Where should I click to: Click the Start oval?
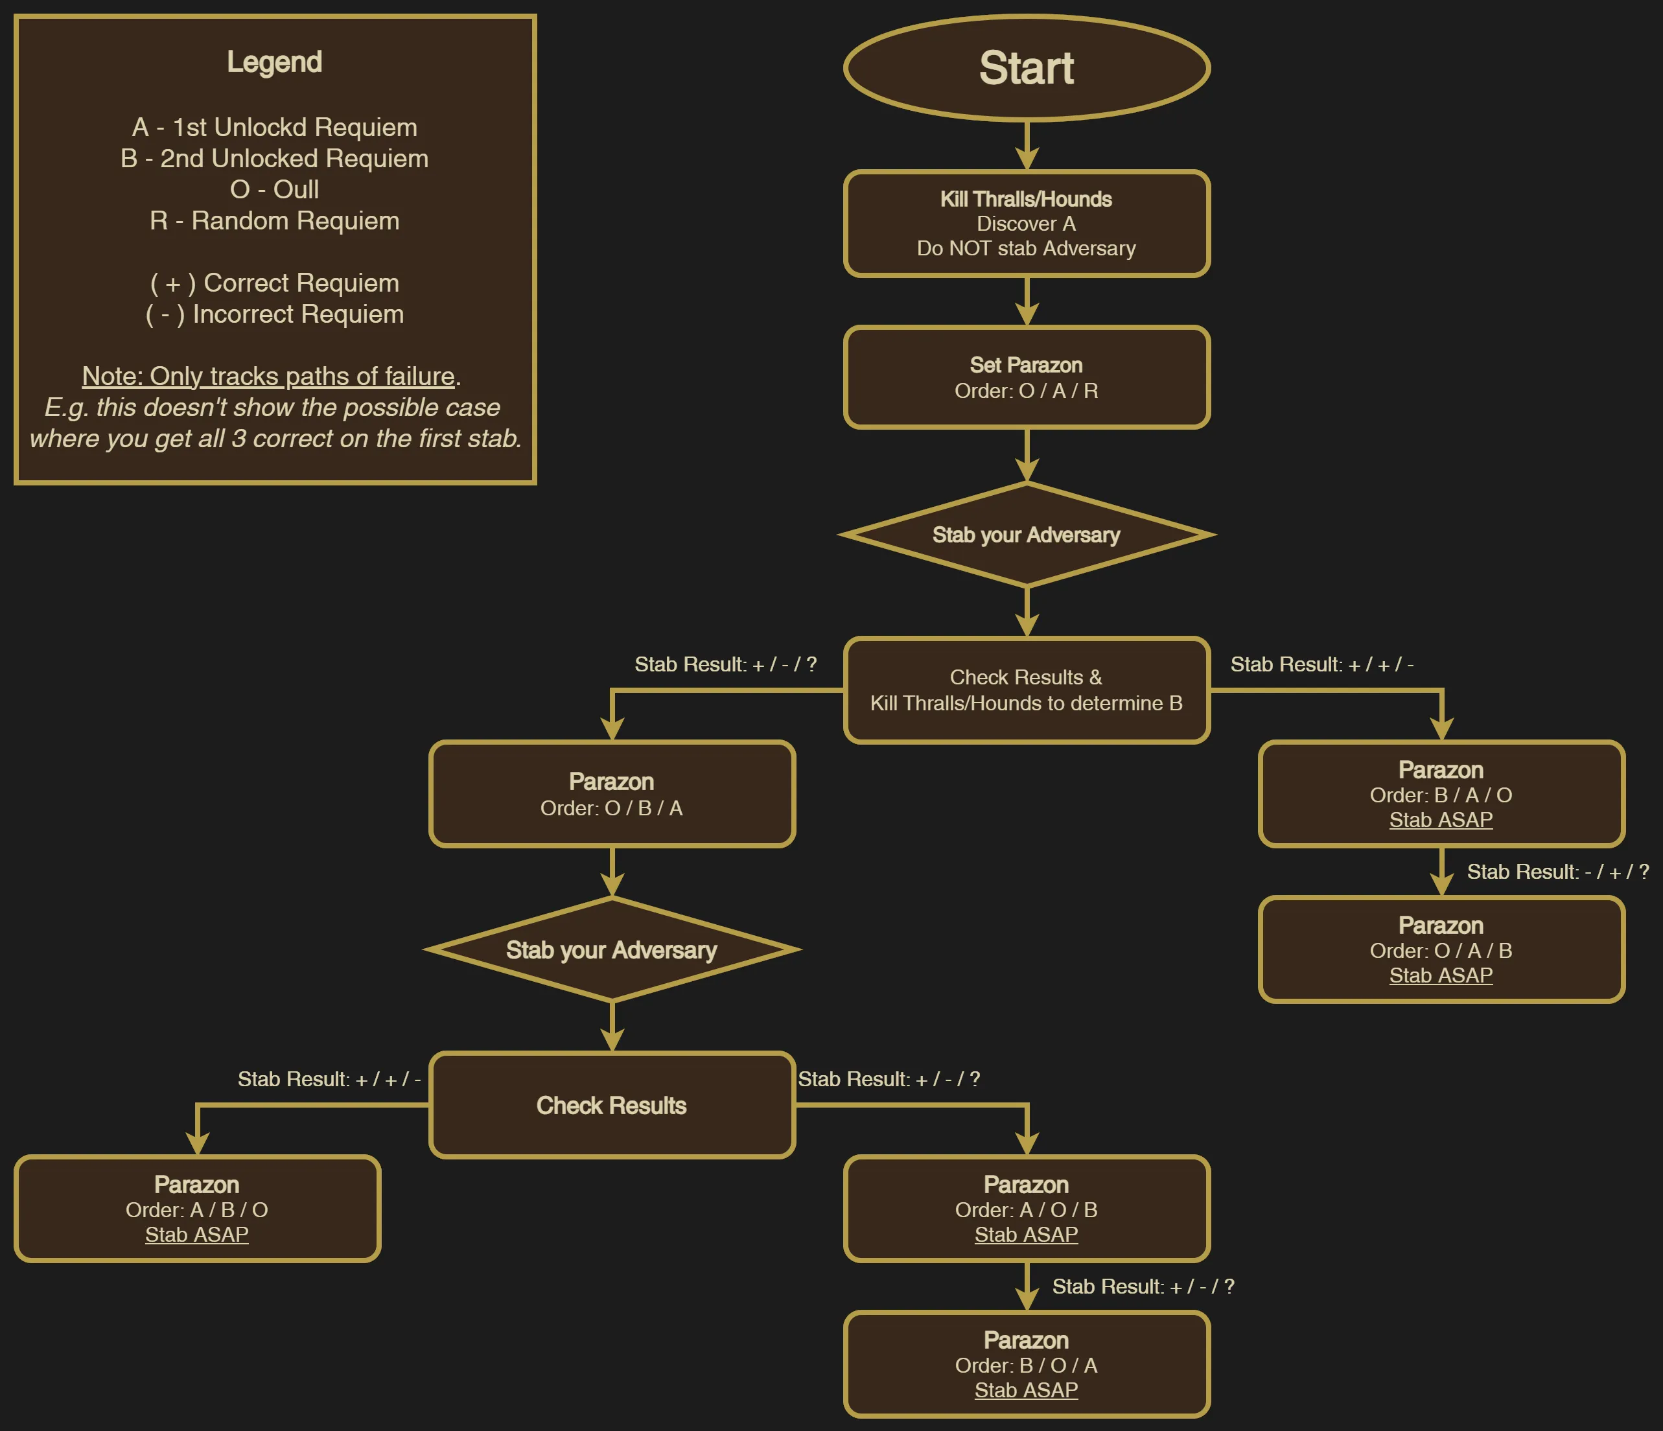(x=1027, y=68)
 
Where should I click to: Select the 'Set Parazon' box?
(x=1027, y=377)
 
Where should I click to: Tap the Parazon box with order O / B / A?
(x=612, y=794)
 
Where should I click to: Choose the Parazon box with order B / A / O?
(x=1441, y=794)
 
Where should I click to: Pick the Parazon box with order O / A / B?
(x=1441, y=949)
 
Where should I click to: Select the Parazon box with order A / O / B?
(x=1027, y=1209)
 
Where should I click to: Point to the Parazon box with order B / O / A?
(x=1027, y=1364)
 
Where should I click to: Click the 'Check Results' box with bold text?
(x=612, y=1105)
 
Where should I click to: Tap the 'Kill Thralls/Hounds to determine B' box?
(x=1027, y=690)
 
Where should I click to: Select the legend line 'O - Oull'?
(x=275, y=189)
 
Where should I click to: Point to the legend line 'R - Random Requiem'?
(x=275, y=221)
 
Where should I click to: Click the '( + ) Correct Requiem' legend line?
(x=275, y=283)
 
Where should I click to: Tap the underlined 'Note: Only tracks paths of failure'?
(x=268, y=377)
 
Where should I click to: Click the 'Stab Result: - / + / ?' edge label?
(x=1558, y=872)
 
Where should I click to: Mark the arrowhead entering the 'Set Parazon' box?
(x=1027, y=314)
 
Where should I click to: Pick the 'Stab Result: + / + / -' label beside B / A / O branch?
(x=1322, y=664)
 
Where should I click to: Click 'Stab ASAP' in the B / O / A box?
(x=1027, y=1390)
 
